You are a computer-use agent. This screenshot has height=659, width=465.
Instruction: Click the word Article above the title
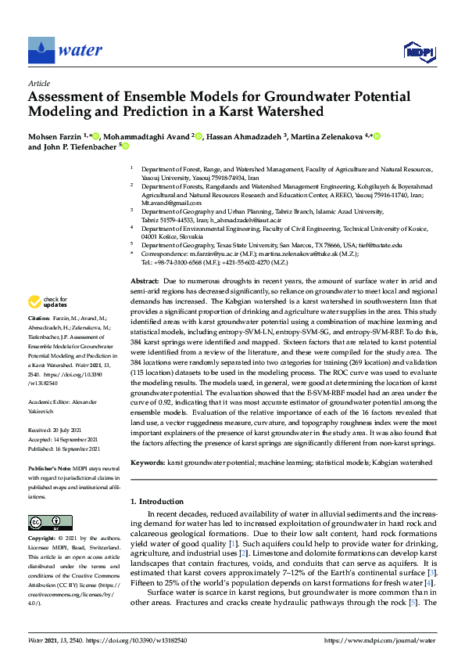click(38, 83)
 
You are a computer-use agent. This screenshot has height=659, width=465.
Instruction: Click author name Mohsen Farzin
click(57, 136)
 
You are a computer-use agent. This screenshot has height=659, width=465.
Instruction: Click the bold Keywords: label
click(148, 463)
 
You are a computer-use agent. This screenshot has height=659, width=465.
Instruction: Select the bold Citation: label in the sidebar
click(38, 341)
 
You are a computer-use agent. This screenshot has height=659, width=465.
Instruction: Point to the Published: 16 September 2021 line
click(65, 448)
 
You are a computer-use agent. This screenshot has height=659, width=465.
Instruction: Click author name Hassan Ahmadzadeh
click(247, 136)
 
